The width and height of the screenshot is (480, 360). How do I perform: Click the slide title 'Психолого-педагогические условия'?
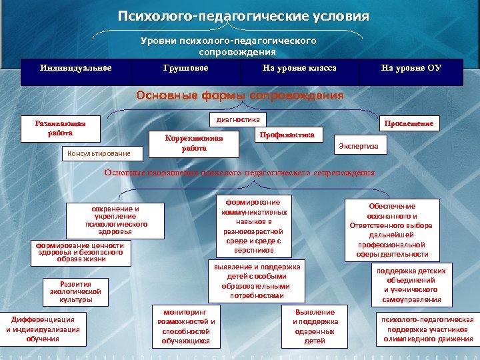click(243, 16)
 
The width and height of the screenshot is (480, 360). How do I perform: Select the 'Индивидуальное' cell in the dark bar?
click(75, 68)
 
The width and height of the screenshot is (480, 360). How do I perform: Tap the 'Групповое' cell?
click(185, 68)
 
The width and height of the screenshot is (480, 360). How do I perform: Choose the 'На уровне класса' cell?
click(299, 68)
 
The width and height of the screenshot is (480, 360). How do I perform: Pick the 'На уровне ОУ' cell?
click(411, 68)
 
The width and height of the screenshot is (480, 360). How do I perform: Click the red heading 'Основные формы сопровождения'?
click(240, 95)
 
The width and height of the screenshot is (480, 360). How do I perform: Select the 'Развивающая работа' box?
click(60, 128)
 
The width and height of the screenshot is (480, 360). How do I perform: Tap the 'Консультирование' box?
click(96, 153)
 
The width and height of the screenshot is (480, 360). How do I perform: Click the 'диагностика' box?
click(237, 119)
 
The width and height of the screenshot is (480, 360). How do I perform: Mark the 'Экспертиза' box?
click(359, 146)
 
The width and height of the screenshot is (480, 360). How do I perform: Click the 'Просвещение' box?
click(408, 123)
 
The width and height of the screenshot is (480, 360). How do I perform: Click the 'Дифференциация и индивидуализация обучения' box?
click(43, 328)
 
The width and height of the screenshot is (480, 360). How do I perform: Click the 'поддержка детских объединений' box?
click(411, 285)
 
